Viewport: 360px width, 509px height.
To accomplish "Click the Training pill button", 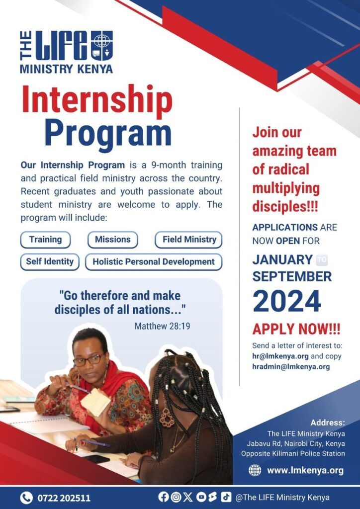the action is (45, 240).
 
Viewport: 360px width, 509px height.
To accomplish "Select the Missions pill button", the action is (113, 240).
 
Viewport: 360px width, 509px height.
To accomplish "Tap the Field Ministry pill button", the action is (188, 240).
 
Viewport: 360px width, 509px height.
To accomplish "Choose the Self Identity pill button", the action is (50, 261).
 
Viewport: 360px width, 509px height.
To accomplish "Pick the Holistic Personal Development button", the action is (154, 262).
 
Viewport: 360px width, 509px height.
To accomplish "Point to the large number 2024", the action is (287, 301).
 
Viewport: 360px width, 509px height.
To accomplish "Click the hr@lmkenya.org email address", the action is (280, 356).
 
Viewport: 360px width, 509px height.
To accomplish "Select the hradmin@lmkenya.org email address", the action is (291, 367).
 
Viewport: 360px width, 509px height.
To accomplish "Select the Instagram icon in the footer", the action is (176, 497).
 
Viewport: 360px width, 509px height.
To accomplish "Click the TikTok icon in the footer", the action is (226, 497).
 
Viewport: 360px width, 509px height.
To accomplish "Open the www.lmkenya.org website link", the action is (305, 470).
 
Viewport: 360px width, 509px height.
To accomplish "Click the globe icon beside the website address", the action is (255, 470).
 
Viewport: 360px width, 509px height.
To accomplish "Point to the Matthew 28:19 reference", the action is (162, 326).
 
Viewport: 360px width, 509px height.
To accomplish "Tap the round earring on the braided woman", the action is (167, 418).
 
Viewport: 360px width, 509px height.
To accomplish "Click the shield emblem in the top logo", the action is (101, 45).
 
